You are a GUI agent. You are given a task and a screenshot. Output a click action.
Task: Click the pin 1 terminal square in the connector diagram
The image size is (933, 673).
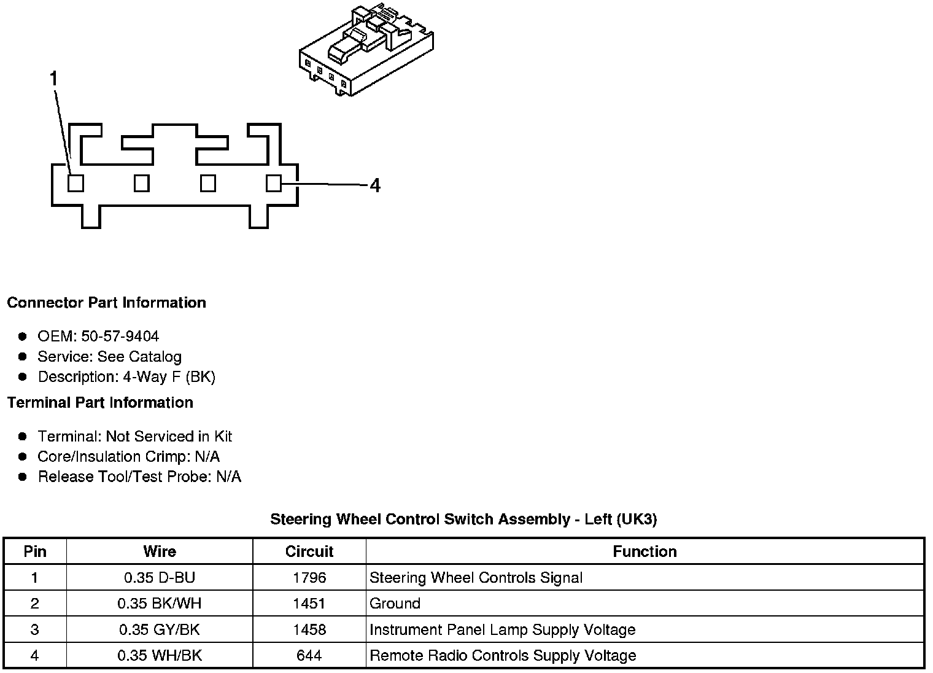click(75, 183)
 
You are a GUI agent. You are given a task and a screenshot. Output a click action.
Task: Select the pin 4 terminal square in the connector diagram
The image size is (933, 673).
click(274, 183)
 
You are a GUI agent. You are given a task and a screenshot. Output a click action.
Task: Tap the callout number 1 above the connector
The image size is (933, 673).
click(54, 79)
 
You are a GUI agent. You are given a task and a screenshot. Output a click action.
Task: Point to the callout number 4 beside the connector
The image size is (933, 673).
click(375, 185)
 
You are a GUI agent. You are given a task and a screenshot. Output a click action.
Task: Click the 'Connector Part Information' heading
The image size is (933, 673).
click(106, 303)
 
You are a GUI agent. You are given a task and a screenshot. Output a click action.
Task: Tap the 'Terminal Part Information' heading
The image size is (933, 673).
click(100, 403)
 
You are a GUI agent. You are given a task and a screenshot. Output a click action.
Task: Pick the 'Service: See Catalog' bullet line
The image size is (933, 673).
click(109, 357)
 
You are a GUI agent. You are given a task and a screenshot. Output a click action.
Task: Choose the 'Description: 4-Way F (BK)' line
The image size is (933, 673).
click(126, 377)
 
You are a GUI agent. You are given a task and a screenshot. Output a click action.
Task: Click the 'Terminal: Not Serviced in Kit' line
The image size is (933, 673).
click(134, 437)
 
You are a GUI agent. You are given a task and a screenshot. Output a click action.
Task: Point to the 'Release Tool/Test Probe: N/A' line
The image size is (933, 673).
click(139, 477)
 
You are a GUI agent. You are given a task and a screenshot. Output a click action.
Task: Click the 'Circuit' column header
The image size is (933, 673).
click(309, 551)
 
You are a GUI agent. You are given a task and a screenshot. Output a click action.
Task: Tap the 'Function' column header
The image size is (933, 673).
click(645, 551)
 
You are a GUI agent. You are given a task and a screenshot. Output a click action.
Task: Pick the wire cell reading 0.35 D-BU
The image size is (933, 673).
click(160, 578)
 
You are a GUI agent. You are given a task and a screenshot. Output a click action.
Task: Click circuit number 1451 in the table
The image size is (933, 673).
click(309, 604)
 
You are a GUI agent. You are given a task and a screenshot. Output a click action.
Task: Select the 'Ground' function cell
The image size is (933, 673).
click(395, 604)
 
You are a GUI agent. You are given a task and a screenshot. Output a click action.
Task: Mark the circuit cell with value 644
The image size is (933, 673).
click(309, 656)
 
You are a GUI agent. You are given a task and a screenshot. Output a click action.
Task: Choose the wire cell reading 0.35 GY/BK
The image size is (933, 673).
click(160, 630)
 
